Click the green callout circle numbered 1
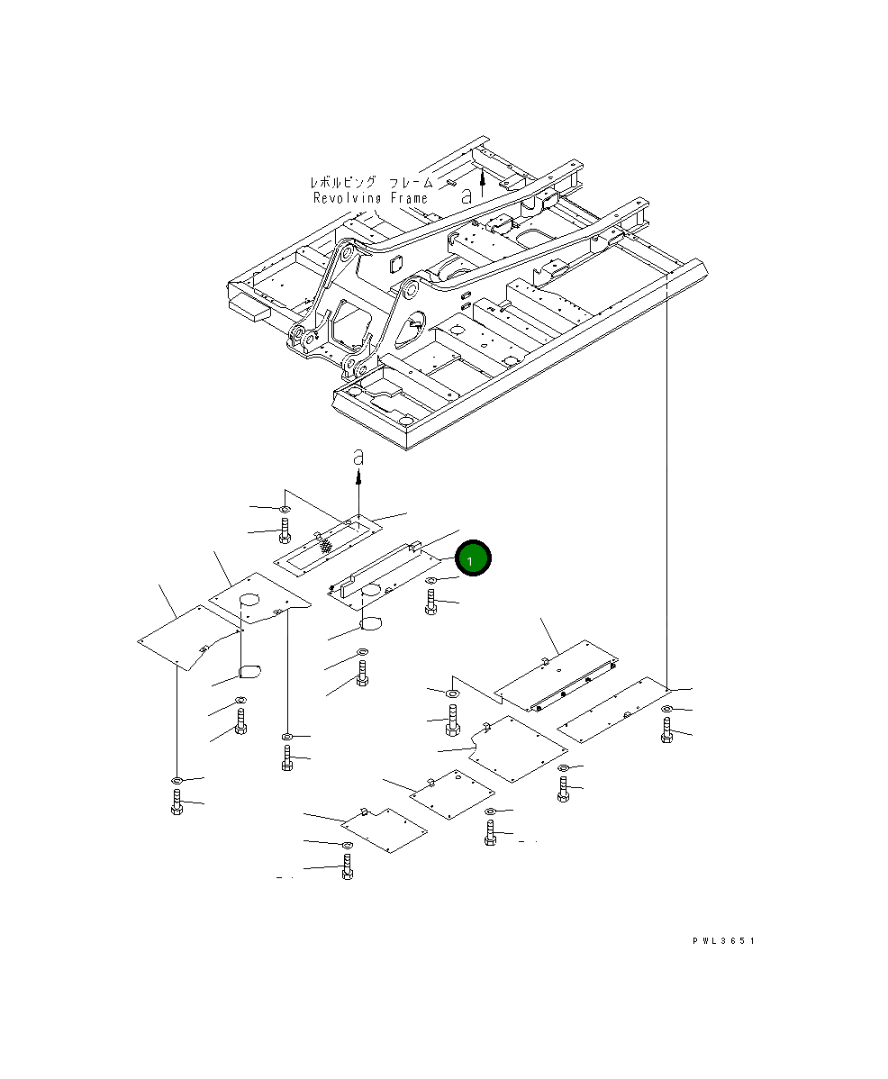click(472, 558)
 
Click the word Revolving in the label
click(347, 198)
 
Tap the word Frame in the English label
click(409, 198)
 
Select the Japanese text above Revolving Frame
click(371, 183)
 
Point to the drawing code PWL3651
click(723, 940)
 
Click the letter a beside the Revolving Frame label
click(467, 195)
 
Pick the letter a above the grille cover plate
click(358, 457)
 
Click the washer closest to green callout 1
click(430, 582)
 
